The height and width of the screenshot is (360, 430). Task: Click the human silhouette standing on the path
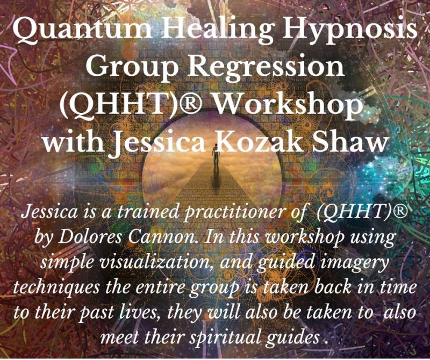[216, 156]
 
